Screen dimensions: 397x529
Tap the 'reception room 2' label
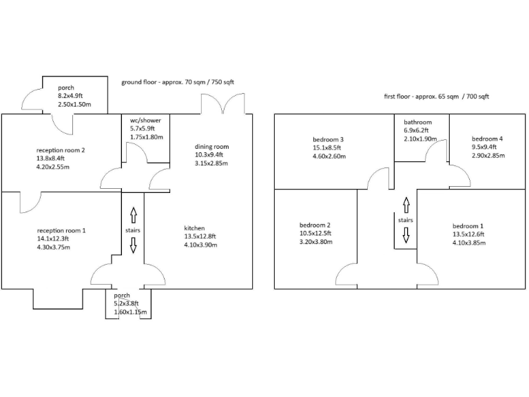pos(61,150)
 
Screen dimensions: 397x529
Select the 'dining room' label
pos(211,147)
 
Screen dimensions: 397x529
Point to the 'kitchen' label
pos(194,228)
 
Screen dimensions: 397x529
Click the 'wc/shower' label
pos(145,120)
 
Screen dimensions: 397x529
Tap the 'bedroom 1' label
pos(468,226)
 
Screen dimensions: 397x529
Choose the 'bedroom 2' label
pos(315,225)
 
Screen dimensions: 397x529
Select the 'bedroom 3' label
pos(329,139)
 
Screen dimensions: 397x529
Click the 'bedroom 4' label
pos(487,139)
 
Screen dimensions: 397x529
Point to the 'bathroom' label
pos(417,122)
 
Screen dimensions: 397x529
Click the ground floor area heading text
pos(178,82)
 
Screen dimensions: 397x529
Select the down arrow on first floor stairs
pos(406,236)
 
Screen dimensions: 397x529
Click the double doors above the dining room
pos(221,104)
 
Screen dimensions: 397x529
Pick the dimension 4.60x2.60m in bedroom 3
pos(329,156)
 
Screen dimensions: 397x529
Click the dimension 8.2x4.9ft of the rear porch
pos(70,96)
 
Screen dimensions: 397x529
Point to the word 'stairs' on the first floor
pos(406,220)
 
